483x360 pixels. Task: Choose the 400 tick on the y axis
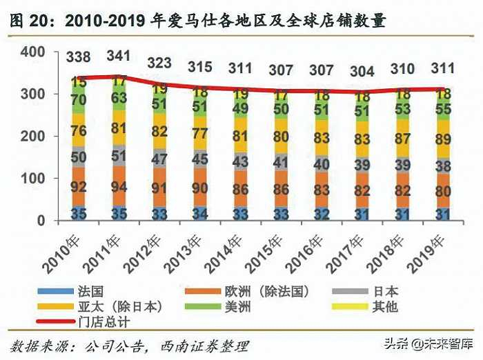tap(32, 52)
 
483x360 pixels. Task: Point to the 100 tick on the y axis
tap(32, 179)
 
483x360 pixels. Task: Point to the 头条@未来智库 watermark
tap(431, 343)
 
